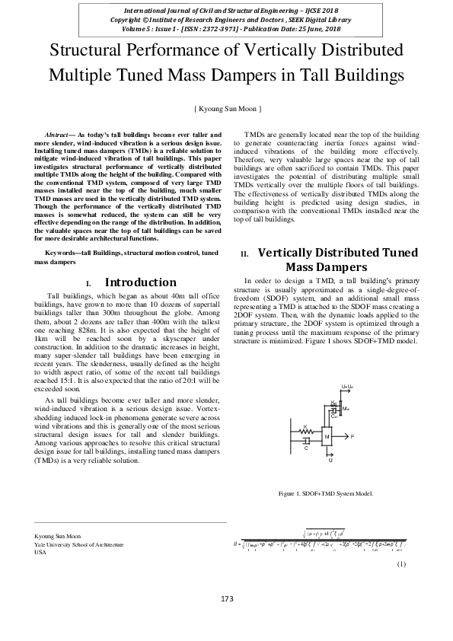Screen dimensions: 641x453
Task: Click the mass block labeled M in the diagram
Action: (327, 437)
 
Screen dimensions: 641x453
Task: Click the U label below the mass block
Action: (330, 461)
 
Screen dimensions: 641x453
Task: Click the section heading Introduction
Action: (140, 282)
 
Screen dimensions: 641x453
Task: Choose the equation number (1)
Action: (401, 563)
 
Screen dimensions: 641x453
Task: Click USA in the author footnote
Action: (41, 553)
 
